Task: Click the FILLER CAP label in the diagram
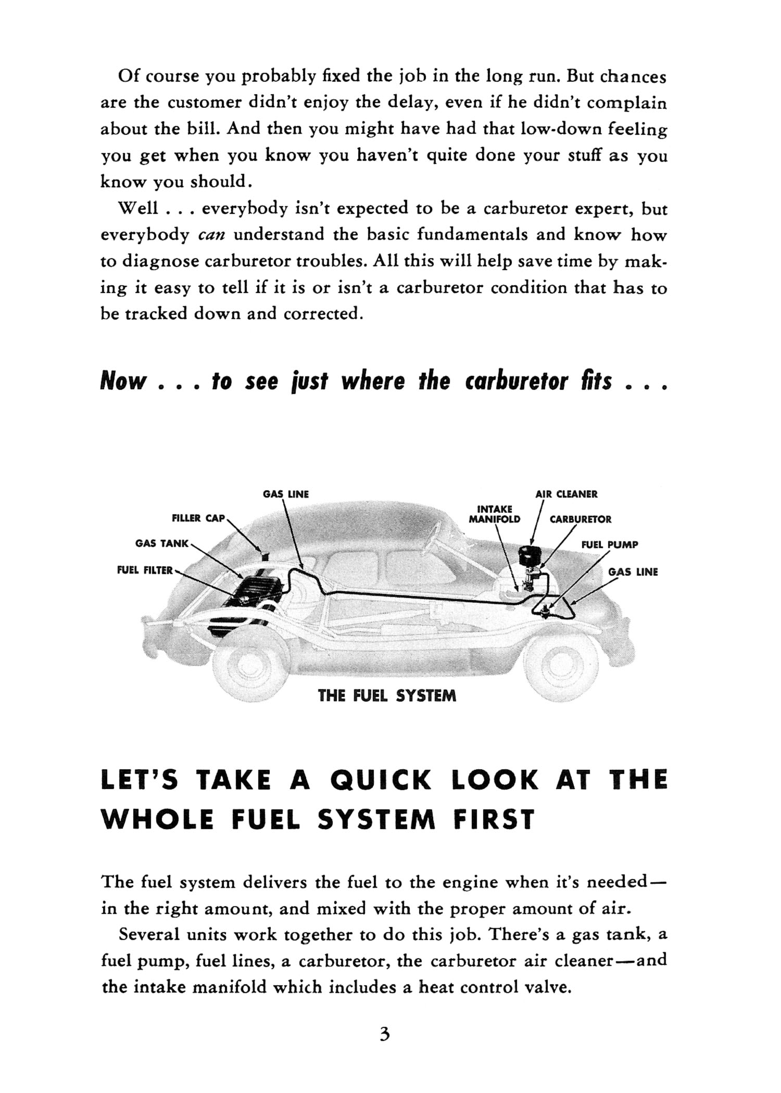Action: point(198,518)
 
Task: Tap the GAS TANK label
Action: point(161,543)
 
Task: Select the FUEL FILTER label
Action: point(145,570)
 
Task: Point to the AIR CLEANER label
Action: point(566,494)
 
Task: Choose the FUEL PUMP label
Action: point(609,545)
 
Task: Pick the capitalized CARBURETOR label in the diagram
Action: point(581,519)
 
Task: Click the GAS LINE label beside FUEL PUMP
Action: point(633,572)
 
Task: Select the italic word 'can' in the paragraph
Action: point(211,235)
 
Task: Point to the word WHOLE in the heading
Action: point(157,820)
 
